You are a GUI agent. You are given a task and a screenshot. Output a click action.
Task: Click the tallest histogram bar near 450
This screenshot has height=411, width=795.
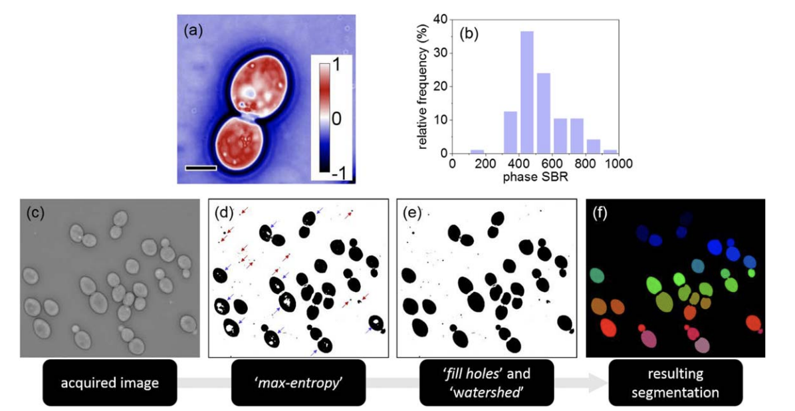point(526,93)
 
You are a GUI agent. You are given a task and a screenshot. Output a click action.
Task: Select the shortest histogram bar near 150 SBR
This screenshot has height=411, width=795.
point(477,152)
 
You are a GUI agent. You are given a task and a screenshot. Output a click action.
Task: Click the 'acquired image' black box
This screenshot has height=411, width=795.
point(110,382)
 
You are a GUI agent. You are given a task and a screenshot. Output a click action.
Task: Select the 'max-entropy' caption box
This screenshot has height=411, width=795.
point(298,382)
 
